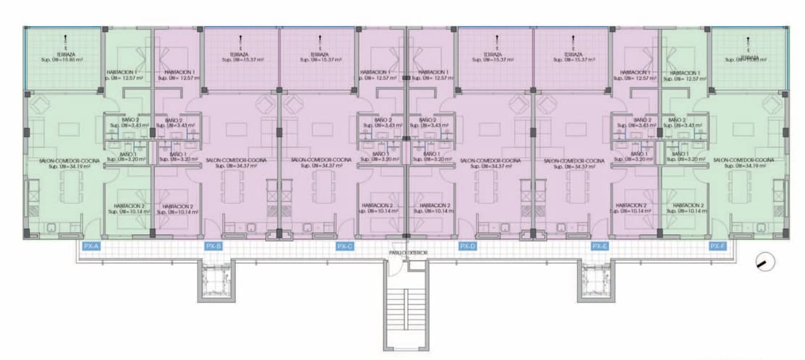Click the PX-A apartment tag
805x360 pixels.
tap(91, 247)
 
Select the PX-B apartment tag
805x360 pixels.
tap(213, 247)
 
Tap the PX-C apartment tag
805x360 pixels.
tap(345, 247)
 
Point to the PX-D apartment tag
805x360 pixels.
tap(468, 247)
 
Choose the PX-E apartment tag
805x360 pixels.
tap(599, 247)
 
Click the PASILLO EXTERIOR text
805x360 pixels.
tap(409, 253)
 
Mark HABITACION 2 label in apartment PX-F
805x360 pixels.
tap(688, 209)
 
